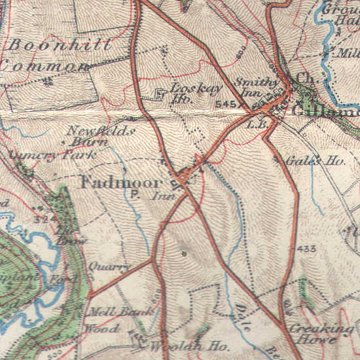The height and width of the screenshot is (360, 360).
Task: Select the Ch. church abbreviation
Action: (302, 79)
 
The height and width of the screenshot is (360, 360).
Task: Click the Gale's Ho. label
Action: (308, 160)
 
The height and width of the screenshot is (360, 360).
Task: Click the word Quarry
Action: (109, 267)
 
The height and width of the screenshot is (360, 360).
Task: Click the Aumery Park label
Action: (52, 155)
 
